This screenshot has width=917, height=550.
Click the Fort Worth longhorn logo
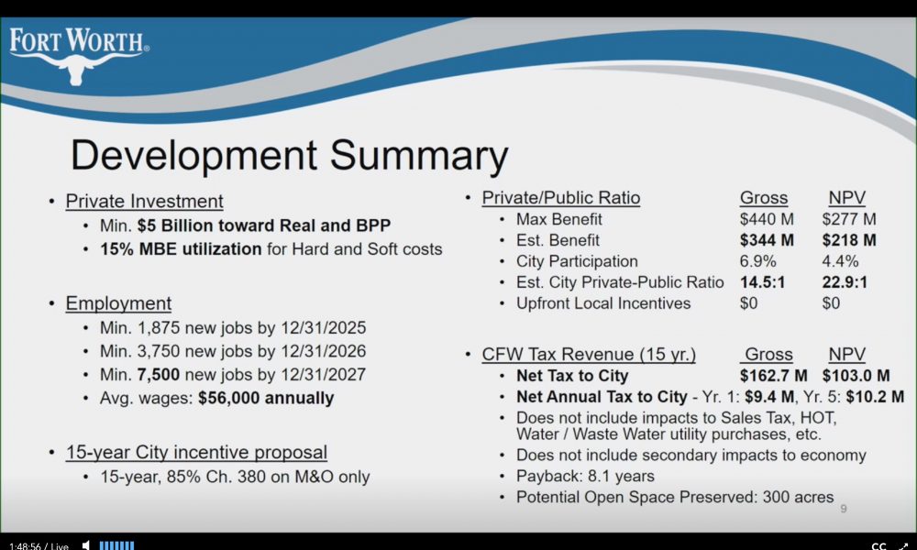(x=78, y=56)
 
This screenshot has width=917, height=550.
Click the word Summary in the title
(x=419, y=156)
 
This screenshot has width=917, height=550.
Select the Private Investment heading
(x=145, y=201)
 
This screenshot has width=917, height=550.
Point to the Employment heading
(x=118, y=303)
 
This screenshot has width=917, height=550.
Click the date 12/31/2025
(x=324, y=327)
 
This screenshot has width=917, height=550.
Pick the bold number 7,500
(x=159, y=375)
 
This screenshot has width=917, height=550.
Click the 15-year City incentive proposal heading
(x=196, y=453)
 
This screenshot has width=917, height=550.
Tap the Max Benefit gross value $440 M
(x=767, y=219)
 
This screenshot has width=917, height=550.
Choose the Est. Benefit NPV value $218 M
(x=849, y=240)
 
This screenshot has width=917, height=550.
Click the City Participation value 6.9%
(x=758, y=261)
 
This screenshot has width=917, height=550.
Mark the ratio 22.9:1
(x=845, y=282)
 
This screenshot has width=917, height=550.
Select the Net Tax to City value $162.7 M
(x=774, y=375)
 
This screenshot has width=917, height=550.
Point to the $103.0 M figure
(x=856, y=375)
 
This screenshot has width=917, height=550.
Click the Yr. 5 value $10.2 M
(x=875, y=397)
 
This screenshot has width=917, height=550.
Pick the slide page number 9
(x=844, y=509)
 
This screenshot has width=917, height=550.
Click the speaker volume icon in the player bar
(x=86, y=545)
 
